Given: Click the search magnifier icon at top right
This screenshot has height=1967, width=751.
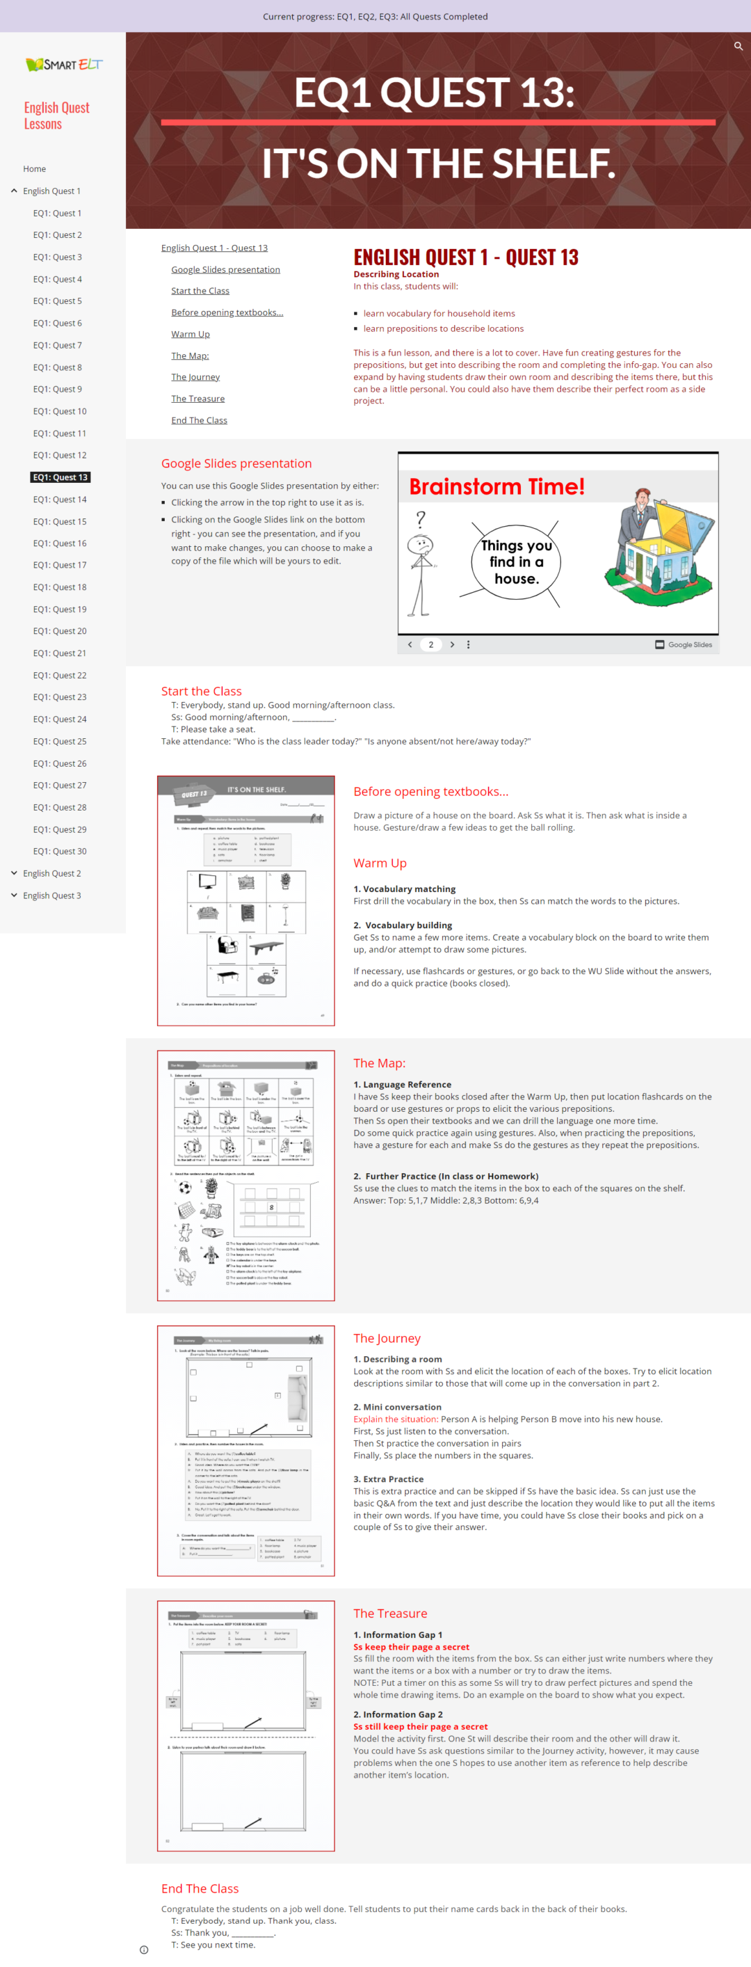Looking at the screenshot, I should tap(738, 47).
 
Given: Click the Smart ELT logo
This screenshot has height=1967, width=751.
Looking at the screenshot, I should tap(63, 65).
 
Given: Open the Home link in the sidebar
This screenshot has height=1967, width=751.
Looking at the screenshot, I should tap(34, 169).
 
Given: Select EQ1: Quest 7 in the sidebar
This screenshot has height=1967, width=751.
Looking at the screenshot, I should tap(57, 345).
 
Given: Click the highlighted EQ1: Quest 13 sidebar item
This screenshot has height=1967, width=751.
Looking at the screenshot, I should tap(60, 477).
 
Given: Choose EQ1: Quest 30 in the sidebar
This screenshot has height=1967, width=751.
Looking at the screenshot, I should tap(60, 852).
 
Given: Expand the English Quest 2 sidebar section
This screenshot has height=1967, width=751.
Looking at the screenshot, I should tap(51, 873).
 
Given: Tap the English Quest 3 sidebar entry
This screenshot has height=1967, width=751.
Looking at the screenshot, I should tap(51, 895).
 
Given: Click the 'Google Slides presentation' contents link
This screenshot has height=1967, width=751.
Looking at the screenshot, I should tap(225, 269).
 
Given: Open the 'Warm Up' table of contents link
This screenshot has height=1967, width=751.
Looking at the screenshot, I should tap(190, 334).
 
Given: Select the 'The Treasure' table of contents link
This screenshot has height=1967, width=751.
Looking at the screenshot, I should tap(197, 399).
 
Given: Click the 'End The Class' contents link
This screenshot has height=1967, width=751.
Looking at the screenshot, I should tap(199, 420).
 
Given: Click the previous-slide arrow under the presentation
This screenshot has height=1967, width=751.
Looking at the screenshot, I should tap(410, 644).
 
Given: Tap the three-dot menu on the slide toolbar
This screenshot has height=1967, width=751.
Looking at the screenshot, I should tap(468, 644).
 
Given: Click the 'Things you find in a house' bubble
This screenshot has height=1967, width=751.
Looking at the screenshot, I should tap(517, 562).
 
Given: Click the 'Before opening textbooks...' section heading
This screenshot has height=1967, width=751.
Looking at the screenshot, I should tap(430, 792).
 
